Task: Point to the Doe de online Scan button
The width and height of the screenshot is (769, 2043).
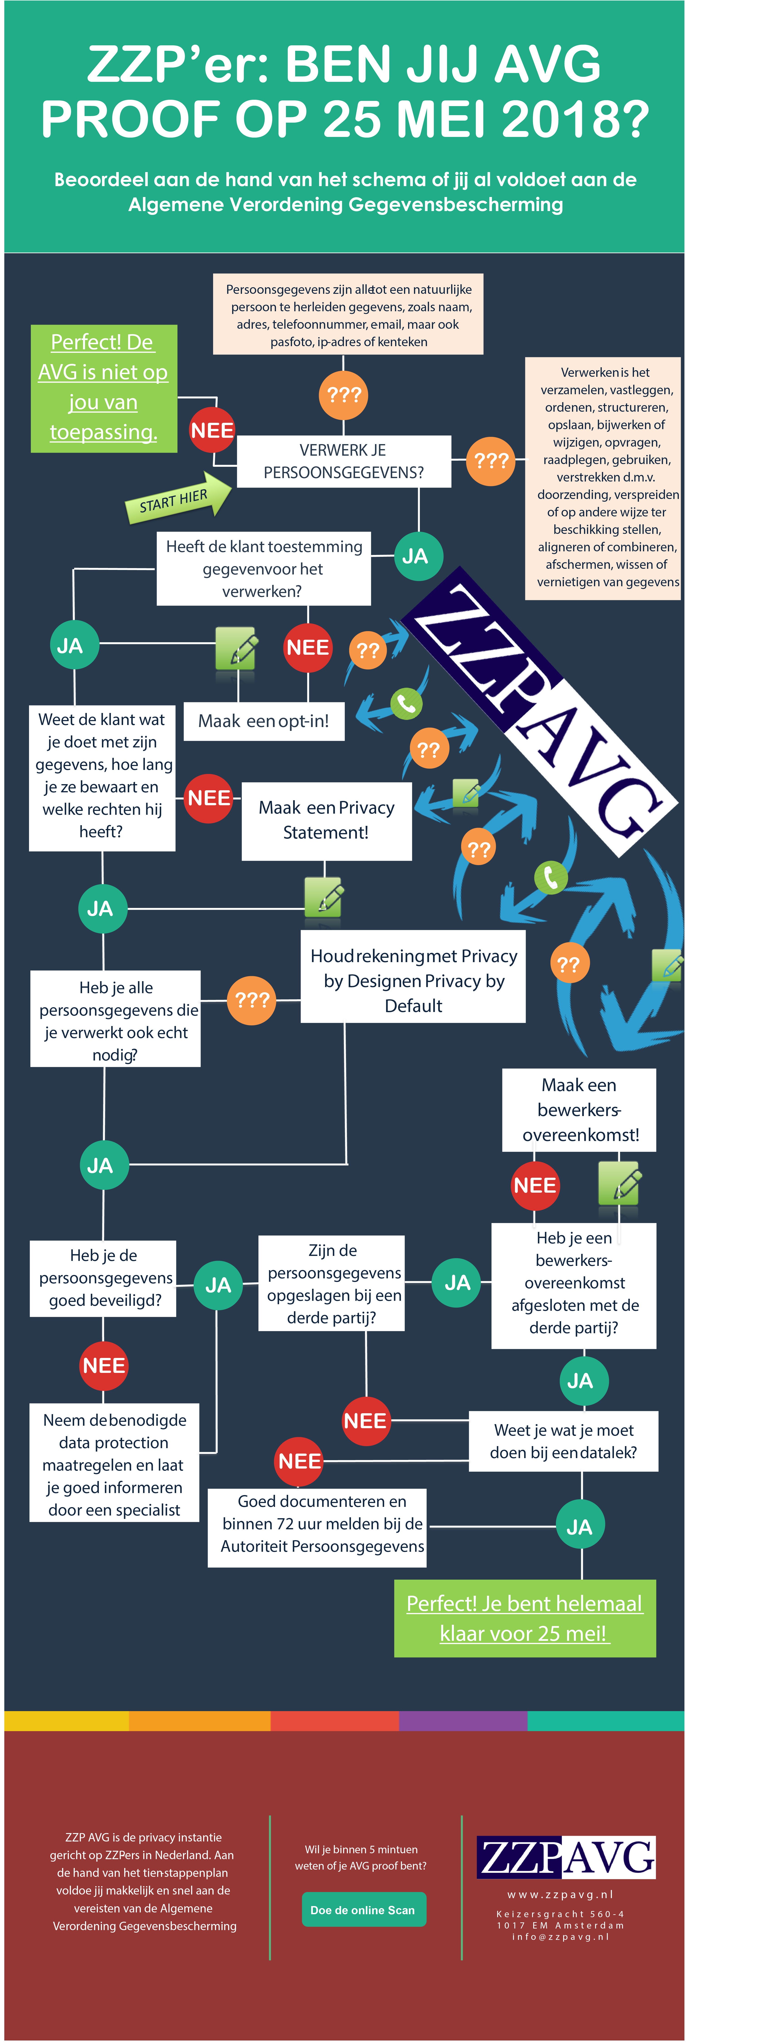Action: (x=363, y=1910)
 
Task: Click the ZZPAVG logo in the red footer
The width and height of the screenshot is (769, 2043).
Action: (x=566, y=1857)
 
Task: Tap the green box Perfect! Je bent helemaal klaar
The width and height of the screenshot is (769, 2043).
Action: (x=525, y=1618)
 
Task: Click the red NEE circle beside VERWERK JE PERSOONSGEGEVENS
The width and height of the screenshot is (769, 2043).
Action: (x=212, y=430)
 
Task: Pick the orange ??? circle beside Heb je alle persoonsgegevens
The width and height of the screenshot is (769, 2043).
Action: (x=252, y=1000)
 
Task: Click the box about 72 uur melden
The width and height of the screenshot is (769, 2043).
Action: (x=317, y=1524)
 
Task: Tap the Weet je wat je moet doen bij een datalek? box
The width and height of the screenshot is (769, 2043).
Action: (x=564, y=1441)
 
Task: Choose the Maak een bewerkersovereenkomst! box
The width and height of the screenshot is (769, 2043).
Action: (x=579, y=1109)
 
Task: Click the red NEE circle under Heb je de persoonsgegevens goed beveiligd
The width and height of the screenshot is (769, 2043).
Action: (x=104, y=1366)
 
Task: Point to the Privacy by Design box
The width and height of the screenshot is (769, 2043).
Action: (x=413, y=980)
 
